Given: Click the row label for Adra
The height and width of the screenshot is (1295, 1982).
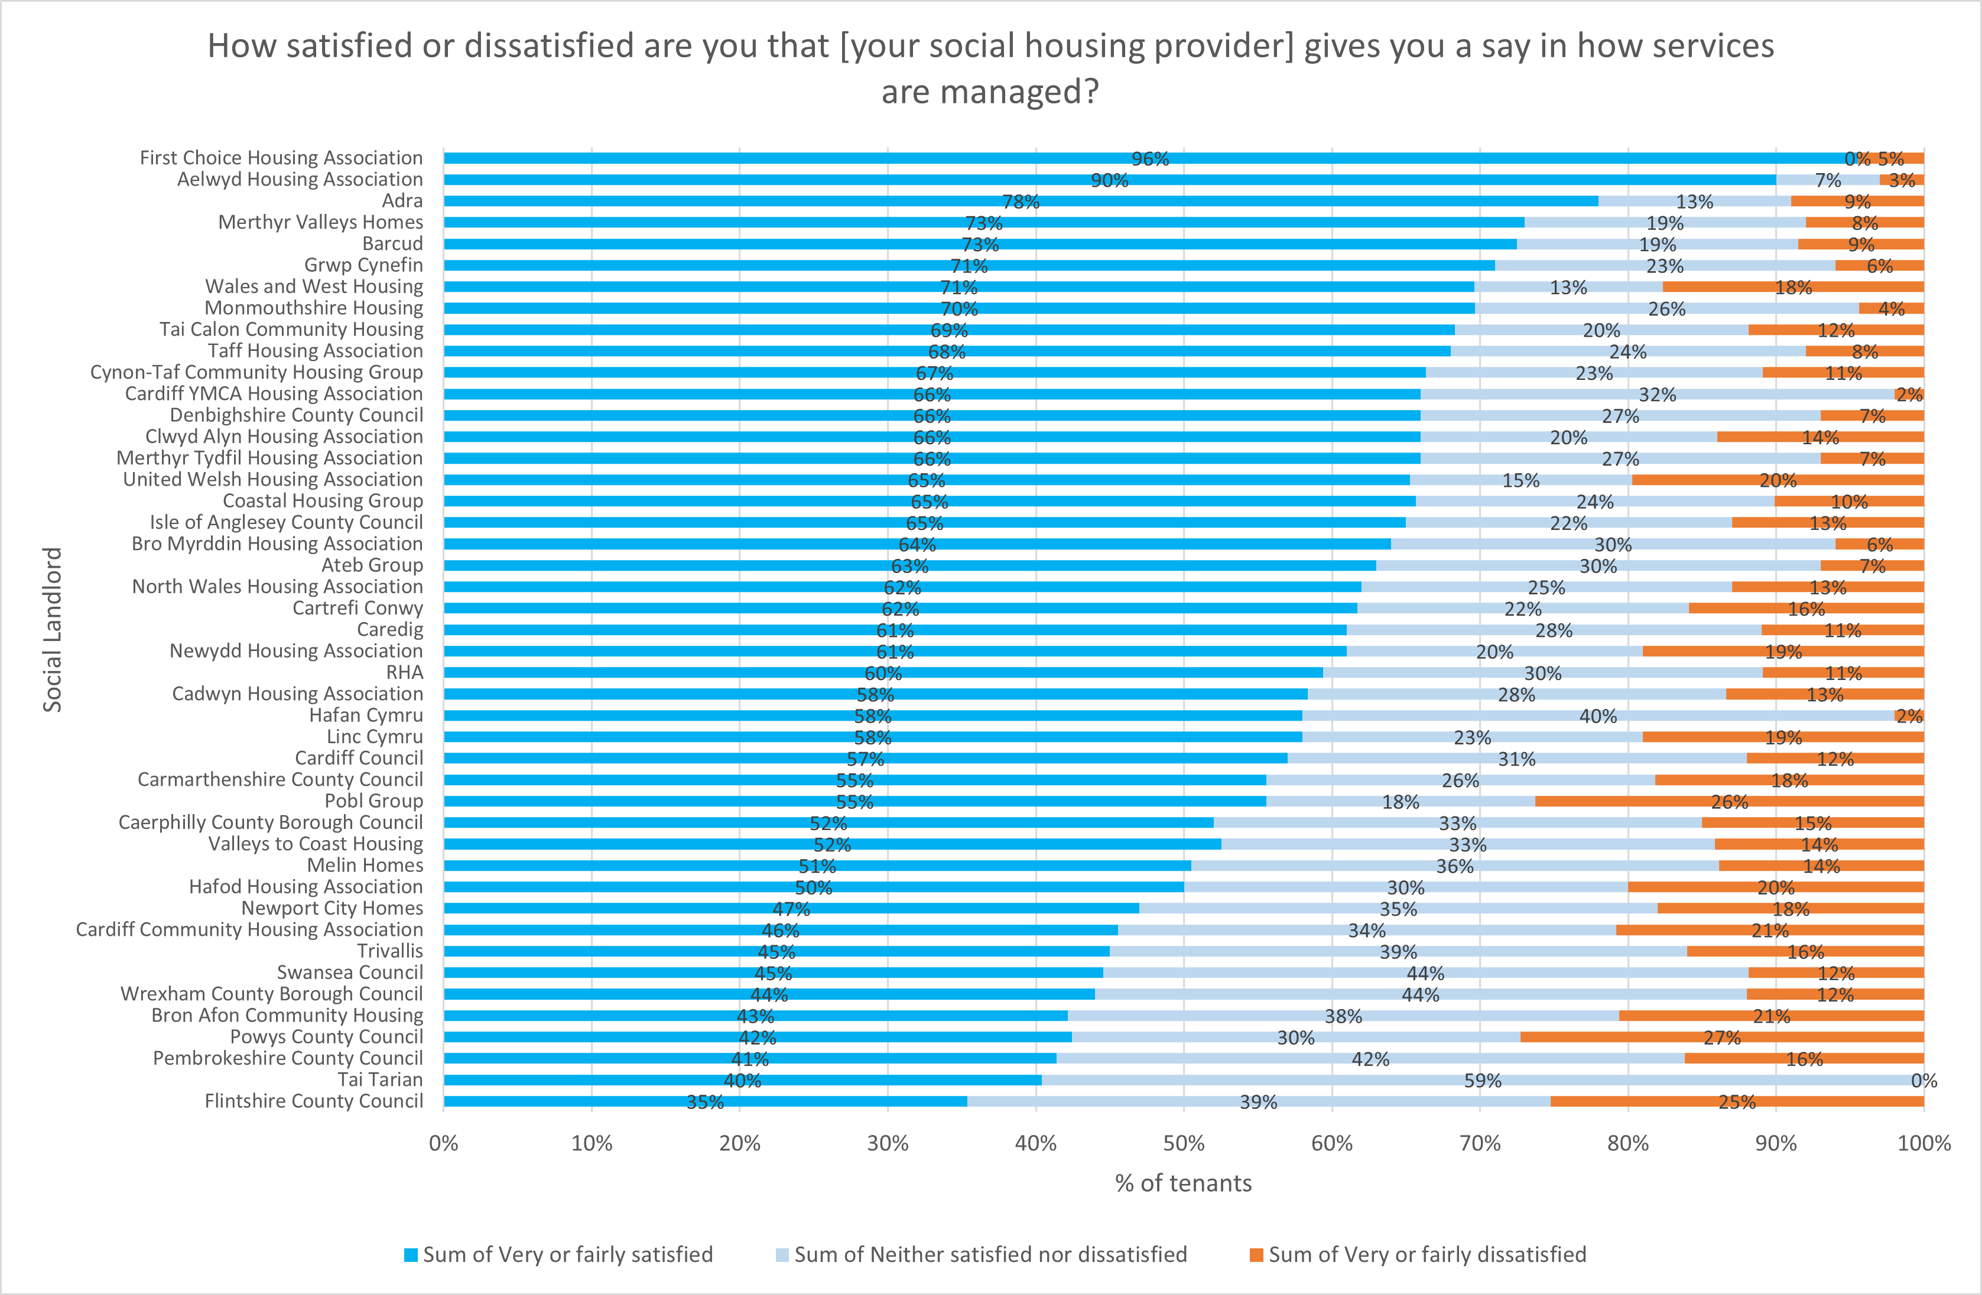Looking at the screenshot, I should (x=402, y=201).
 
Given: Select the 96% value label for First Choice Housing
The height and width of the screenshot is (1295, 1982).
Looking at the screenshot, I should (x=1150, y=159).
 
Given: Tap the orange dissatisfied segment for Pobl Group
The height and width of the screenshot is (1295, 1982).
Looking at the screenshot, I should (x=1729, y=801).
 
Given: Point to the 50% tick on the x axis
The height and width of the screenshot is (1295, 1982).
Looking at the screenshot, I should (x=1184, y=1143).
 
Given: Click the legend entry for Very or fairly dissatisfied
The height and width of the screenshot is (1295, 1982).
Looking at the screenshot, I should (x=1418, y=1255).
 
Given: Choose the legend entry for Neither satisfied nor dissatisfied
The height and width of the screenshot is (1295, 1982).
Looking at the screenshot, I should (x=981, y=1255).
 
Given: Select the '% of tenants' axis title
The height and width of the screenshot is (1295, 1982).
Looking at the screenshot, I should (x=1184, y=1183).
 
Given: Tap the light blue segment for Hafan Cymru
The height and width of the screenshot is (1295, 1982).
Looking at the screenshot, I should (x=1597, y=715).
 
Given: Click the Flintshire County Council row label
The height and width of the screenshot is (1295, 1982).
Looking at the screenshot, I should (x=314, y=1101).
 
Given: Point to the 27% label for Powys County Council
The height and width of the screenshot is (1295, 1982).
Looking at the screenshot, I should (x=1722, y=1037).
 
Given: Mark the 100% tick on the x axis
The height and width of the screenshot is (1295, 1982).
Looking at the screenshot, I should (x=1923, y=1143).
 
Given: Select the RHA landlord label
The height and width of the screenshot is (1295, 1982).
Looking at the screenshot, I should (x=405, y=672).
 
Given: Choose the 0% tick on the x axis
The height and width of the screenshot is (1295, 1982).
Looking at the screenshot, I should (x=444, y=1143).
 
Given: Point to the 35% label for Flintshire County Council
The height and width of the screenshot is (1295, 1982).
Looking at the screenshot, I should (x=704, y=1102).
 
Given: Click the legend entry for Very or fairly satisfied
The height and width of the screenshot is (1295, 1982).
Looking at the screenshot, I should (x=559, y=1255).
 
